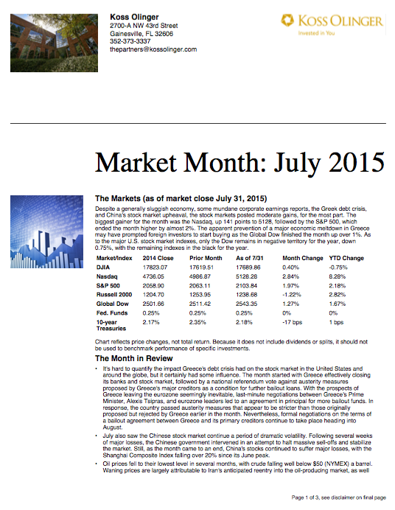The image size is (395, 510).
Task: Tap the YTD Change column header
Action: (x=349, y=259)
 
